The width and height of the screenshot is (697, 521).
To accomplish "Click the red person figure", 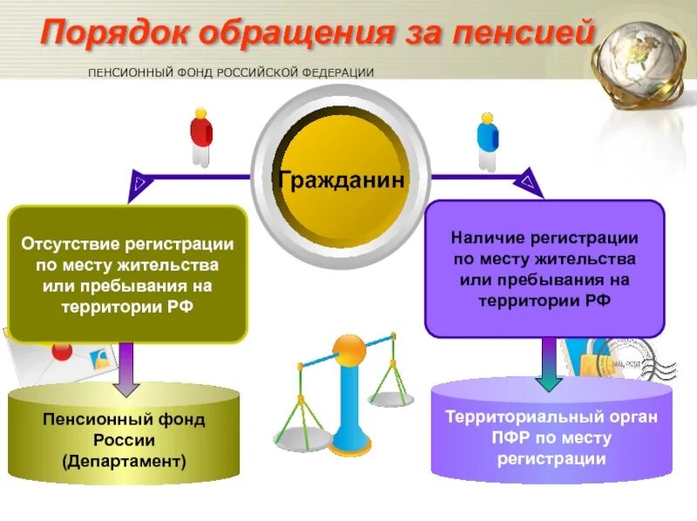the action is coord(201,136).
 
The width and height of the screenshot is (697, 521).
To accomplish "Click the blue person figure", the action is coord(488,139).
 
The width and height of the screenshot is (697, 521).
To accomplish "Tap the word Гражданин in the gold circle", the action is coord(342,180).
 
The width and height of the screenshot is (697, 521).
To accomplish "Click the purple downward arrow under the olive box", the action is coord(126,366).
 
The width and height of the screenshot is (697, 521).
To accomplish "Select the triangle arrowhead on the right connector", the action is coord(528,181).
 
